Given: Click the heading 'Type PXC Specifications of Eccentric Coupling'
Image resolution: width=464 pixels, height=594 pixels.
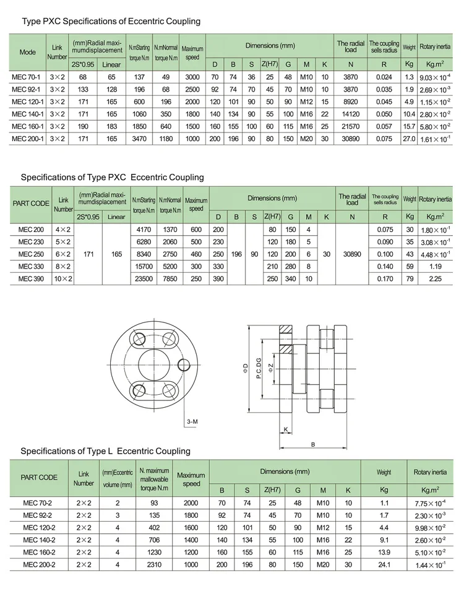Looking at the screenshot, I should pyautogui.click(x=111, y=22).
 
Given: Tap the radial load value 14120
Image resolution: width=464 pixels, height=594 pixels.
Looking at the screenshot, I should pyautogui.click(x=351, y=114).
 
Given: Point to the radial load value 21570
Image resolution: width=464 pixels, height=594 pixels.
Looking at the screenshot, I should pyautogui.click(x=351, y=127).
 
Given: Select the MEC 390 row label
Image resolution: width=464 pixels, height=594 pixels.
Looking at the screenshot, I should pyautogui.click(x=30, y=279).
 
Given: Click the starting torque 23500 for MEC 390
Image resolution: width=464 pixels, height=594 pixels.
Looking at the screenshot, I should pyautogui.click(x=143, y=279).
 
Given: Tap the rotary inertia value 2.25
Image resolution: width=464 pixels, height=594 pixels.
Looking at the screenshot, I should pyautogui.click(x=435, y=279).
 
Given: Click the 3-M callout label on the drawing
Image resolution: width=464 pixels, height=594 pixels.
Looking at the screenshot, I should pyautogui.click(x=192, y=421).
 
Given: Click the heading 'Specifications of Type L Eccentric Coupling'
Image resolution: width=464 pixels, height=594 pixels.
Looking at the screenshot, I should pyautogui.click(x=105, y=451).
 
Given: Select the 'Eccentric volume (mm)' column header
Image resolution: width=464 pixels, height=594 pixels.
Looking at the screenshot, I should pyautogui.click(x=118, y=477).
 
